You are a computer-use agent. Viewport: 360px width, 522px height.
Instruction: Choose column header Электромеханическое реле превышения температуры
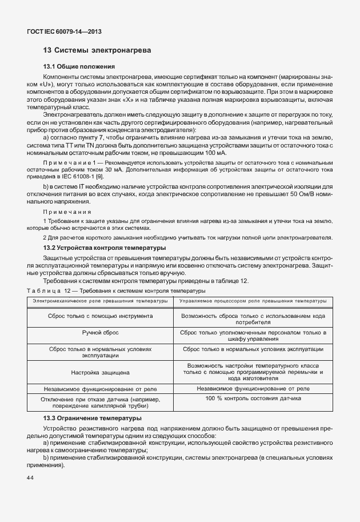[100, 300]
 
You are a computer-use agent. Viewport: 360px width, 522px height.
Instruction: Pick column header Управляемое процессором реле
[253, 300]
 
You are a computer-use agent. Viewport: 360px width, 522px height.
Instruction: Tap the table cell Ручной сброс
[100, 332]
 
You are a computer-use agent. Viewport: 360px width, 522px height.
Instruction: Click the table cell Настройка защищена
[100, 372]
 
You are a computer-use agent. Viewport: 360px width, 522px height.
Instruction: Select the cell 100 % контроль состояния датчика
[253, 398]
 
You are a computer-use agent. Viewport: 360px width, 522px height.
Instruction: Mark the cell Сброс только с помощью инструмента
[100, 315]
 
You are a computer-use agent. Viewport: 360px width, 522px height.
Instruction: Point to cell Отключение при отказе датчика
[100, 402]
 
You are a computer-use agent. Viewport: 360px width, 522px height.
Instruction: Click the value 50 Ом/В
[307, 194]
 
